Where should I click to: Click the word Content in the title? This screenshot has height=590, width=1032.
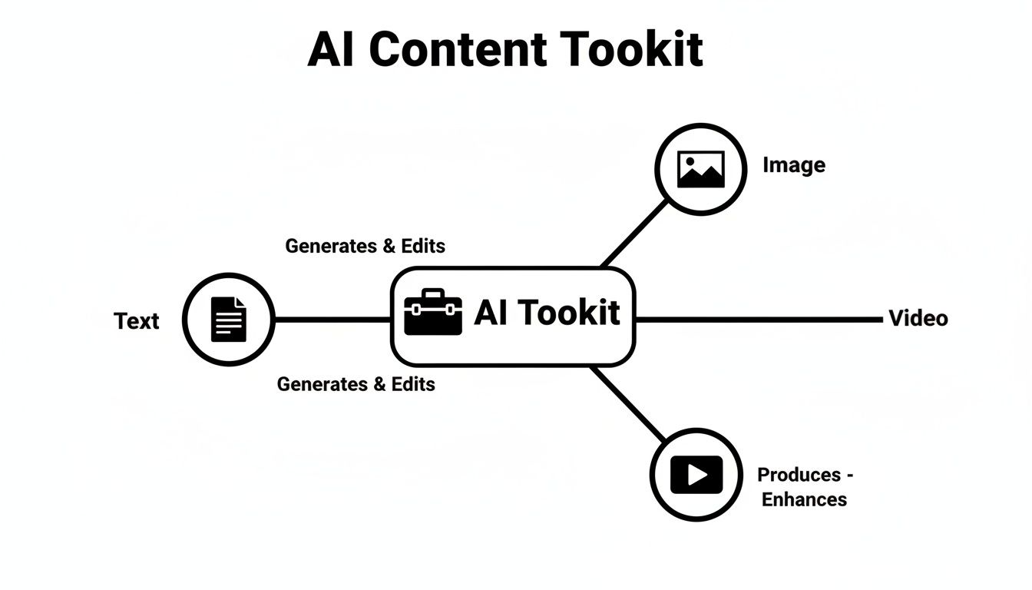458,50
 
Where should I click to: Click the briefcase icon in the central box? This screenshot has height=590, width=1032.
433,313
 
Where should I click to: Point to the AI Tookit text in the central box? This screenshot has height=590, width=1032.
547,313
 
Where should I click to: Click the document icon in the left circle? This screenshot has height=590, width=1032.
229,319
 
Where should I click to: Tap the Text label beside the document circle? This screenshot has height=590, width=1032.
137,320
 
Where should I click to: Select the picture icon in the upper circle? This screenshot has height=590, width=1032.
700,170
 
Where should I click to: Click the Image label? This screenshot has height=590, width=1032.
794,165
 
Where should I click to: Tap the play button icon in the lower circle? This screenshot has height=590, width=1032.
696,475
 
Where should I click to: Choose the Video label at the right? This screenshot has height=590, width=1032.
918,318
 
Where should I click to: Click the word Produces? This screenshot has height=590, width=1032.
799,475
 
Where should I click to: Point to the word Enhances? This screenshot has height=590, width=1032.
804,499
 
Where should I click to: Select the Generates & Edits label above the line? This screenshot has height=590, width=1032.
365,246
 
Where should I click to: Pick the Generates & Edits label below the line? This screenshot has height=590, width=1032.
356,384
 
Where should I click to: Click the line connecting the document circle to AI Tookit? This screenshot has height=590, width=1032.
332,319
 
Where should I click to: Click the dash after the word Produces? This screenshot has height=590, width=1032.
848,476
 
